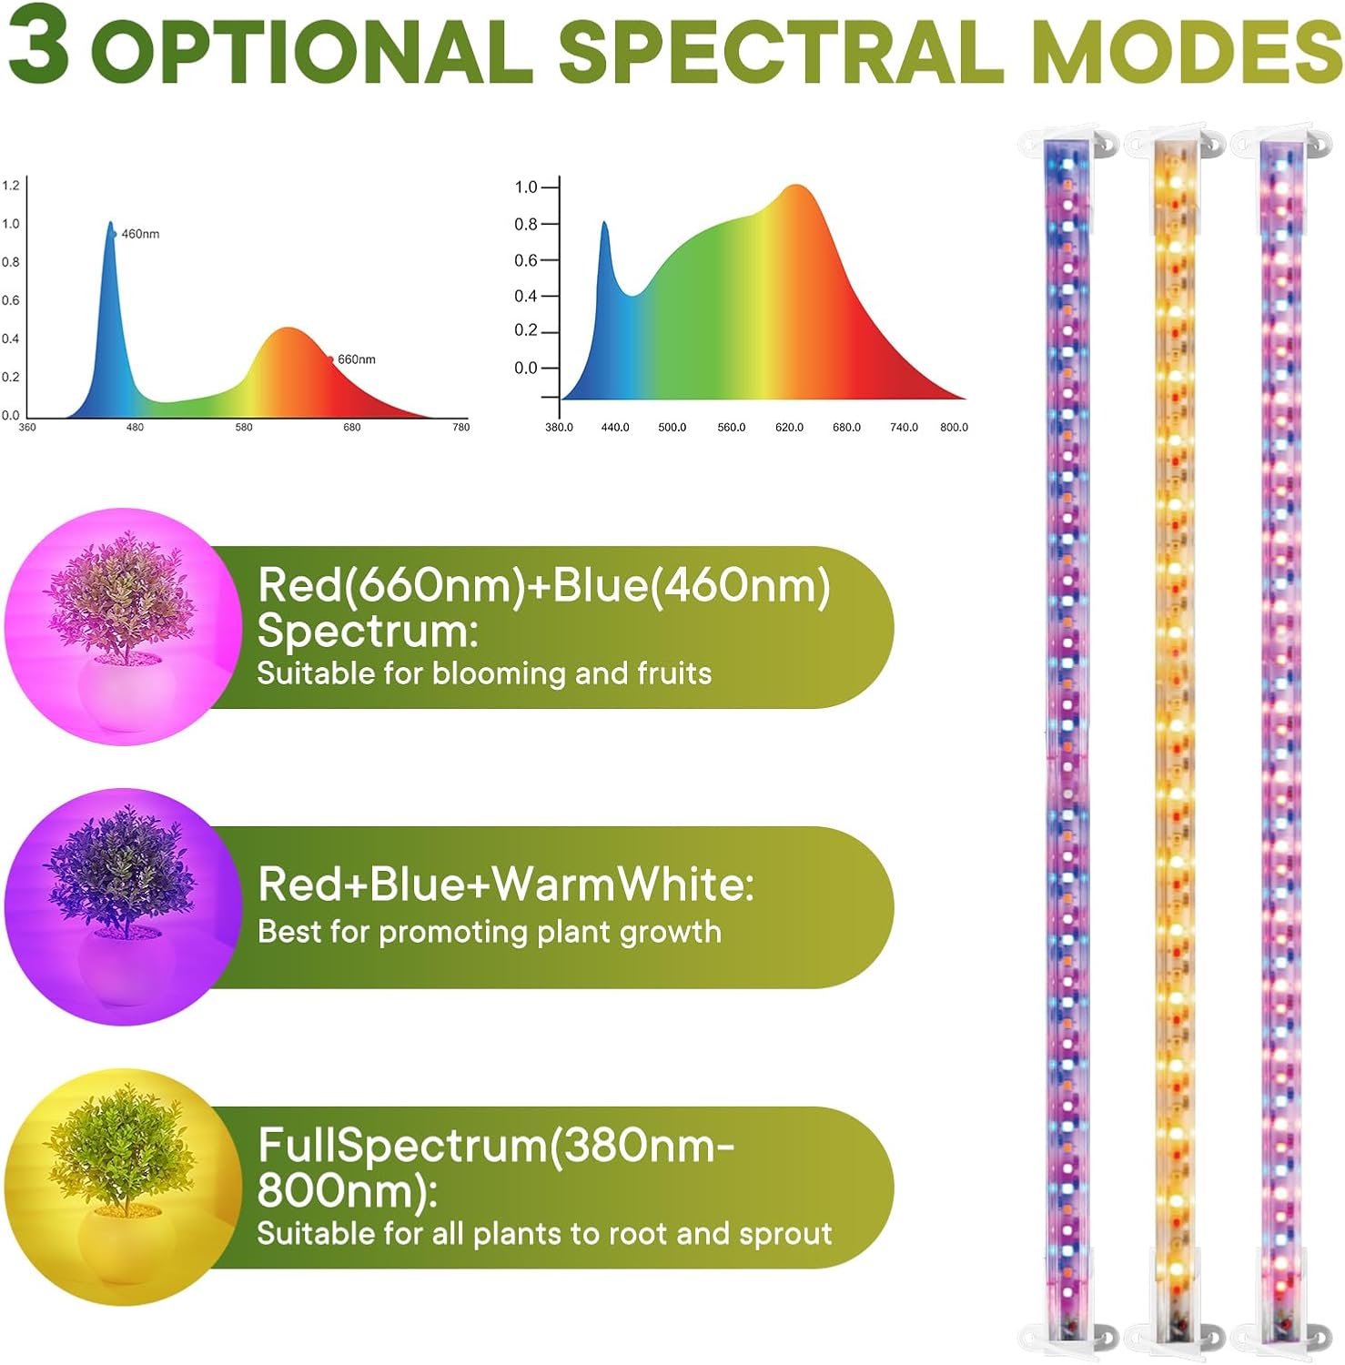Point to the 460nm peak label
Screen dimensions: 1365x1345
(140, 234)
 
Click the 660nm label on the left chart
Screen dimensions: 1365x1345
(356, 359)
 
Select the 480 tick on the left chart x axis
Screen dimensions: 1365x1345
(135, 427)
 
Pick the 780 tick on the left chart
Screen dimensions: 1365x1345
(461, 427)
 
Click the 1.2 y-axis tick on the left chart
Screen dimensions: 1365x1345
(10, 186)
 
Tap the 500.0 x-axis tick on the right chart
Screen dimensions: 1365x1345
(672, 427)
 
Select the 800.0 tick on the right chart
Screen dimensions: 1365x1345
(954, 427)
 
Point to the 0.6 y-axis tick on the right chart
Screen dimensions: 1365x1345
(526, 260)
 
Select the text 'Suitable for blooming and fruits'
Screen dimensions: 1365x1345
(484, 673)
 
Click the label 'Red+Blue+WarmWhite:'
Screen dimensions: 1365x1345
(506, 884)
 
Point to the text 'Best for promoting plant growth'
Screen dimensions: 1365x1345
(490, 932)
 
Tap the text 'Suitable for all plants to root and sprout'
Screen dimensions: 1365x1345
(544, 1233)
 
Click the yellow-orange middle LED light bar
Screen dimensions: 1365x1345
(1175, 728)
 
